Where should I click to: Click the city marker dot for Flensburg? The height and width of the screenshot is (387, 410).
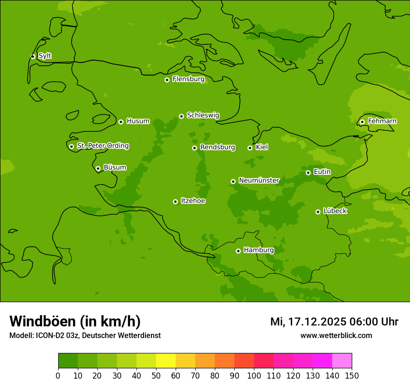(x=167, y=80)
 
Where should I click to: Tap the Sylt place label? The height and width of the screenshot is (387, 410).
(x=45, y=56)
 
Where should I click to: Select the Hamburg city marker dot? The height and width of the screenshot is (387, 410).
(x=238, y=251)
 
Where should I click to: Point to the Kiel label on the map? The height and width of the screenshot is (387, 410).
(x=262, y=147)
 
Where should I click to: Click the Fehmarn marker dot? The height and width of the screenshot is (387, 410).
(x=362, y=122)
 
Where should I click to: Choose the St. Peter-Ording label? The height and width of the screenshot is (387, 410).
(x=103, y=146)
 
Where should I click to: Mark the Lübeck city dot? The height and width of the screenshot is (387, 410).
(x=318, y=212)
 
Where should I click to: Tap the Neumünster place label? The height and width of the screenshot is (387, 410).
(x=259, y=180)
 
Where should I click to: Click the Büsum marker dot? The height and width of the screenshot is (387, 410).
(x=98, y=168)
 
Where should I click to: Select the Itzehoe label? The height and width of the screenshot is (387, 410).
(x=193, y=201)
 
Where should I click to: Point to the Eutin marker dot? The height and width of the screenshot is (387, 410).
(x=308, y=173)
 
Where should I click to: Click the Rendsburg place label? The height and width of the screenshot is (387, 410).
(x=218, y=147)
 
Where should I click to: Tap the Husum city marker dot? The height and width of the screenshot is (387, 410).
(x=121, y=122)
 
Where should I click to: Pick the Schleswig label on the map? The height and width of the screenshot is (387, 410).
(x=203, y=115)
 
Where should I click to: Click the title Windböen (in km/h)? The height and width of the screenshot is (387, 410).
(x=75, y=321)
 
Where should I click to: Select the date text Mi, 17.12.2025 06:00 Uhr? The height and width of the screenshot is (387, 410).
(x=334, y=322)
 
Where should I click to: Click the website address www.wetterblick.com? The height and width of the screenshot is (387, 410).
(x=336, y=335)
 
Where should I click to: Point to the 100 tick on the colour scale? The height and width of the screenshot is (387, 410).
(x=254, y=375)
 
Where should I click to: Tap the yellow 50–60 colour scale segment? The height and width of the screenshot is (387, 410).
(x=166, y=361)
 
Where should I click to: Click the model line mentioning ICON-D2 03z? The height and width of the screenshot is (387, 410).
(x=85, y=335)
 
